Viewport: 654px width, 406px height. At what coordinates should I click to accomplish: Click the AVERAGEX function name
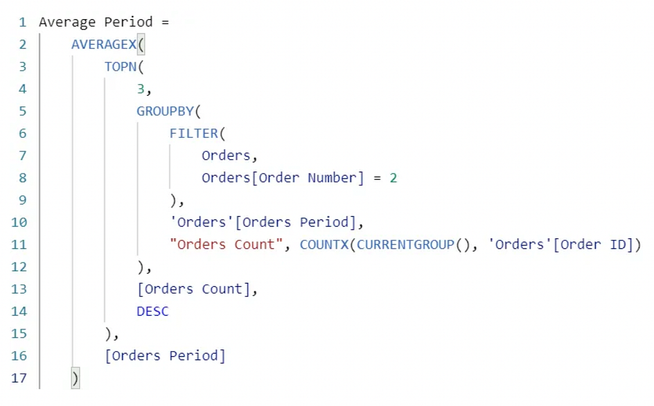[104, 45]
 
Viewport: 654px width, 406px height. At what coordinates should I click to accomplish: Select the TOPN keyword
[120, 67]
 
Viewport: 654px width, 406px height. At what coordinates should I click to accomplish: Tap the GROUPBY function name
[165, 111]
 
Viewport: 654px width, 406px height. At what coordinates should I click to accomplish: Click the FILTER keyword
[193, 134]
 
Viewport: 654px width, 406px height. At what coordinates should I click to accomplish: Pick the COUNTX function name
[324, 245]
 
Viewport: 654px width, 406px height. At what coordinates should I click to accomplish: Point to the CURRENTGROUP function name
[405, 245]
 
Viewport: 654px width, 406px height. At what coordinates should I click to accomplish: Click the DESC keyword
[153, 311]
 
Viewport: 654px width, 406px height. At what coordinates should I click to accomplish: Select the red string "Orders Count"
[226, 245]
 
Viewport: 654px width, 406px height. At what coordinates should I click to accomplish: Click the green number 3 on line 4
[141, 89]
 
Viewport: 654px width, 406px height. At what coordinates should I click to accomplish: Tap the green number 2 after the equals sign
[393, 178]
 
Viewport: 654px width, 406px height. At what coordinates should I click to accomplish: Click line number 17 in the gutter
[19, 378]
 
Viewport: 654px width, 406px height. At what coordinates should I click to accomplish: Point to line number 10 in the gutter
[19, 222]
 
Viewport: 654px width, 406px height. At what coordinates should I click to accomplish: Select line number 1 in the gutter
[22, 22]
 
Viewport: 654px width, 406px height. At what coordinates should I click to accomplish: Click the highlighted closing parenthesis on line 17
[75, 378]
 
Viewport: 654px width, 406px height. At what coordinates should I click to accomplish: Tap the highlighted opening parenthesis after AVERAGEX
[141, 45]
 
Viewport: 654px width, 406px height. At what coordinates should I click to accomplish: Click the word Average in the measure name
[68, 22]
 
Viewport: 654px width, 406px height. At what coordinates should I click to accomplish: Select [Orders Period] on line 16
[165, 356]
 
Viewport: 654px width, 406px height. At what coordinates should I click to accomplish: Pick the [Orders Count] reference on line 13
[193, 289]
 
